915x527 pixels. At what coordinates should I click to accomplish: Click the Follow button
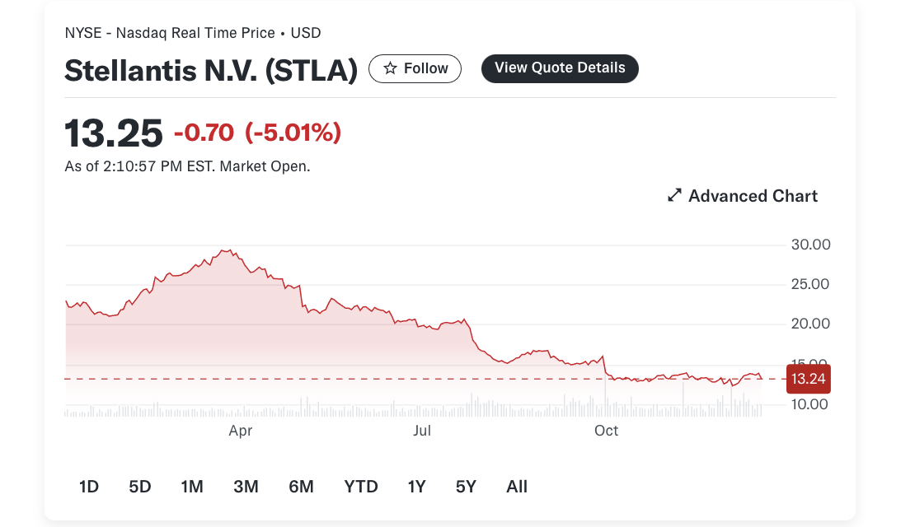[x=415, y=69]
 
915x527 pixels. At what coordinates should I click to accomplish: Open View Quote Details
[x=560, y=68]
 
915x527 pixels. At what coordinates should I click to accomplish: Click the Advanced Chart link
[x=742, y=196]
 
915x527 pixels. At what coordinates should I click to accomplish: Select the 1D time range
[x=89, y=486]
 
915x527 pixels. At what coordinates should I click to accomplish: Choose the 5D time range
[x=140, y=486]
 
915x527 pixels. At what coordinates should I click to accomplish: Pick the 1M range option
[x=192, y=486]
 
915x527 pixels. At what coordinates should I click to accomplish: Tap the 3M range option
[x=246, y=486]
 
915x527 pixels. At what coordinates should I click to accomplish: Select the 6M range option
[x=301, y=486]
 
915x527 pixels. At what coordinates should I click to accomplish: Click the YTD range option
[x=360, y=486]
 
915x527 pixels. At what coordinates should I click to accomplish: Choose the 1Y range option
[x=416, y=486]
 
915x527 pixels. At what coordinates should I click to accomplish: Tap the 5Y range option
[x=466, y=486]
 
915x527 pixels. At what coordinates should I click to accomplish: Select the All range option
[x=516, y=486]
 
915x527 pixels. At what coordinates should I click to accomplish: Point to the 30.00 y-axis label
[x=810, y=245]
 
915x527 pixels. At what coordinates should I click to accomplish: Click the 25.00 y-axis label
[x=810, y=284]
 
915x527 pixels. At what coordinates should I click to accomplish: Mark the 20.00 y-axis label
[x=810, y=324]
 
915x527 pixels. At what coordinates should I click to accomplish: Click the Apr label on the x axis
[x=241, y=431]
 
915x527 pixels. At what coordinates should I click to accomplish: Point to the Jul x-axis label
[x=422, y=431]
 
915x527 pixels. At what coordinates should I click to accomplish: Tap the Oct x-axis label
[x=606, y=431]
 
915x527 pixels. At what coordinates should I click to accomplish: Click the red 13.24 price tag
[x=808, y=379]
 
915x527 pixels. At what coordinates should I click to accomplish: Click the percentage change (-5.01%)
[x=293, y=133]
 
